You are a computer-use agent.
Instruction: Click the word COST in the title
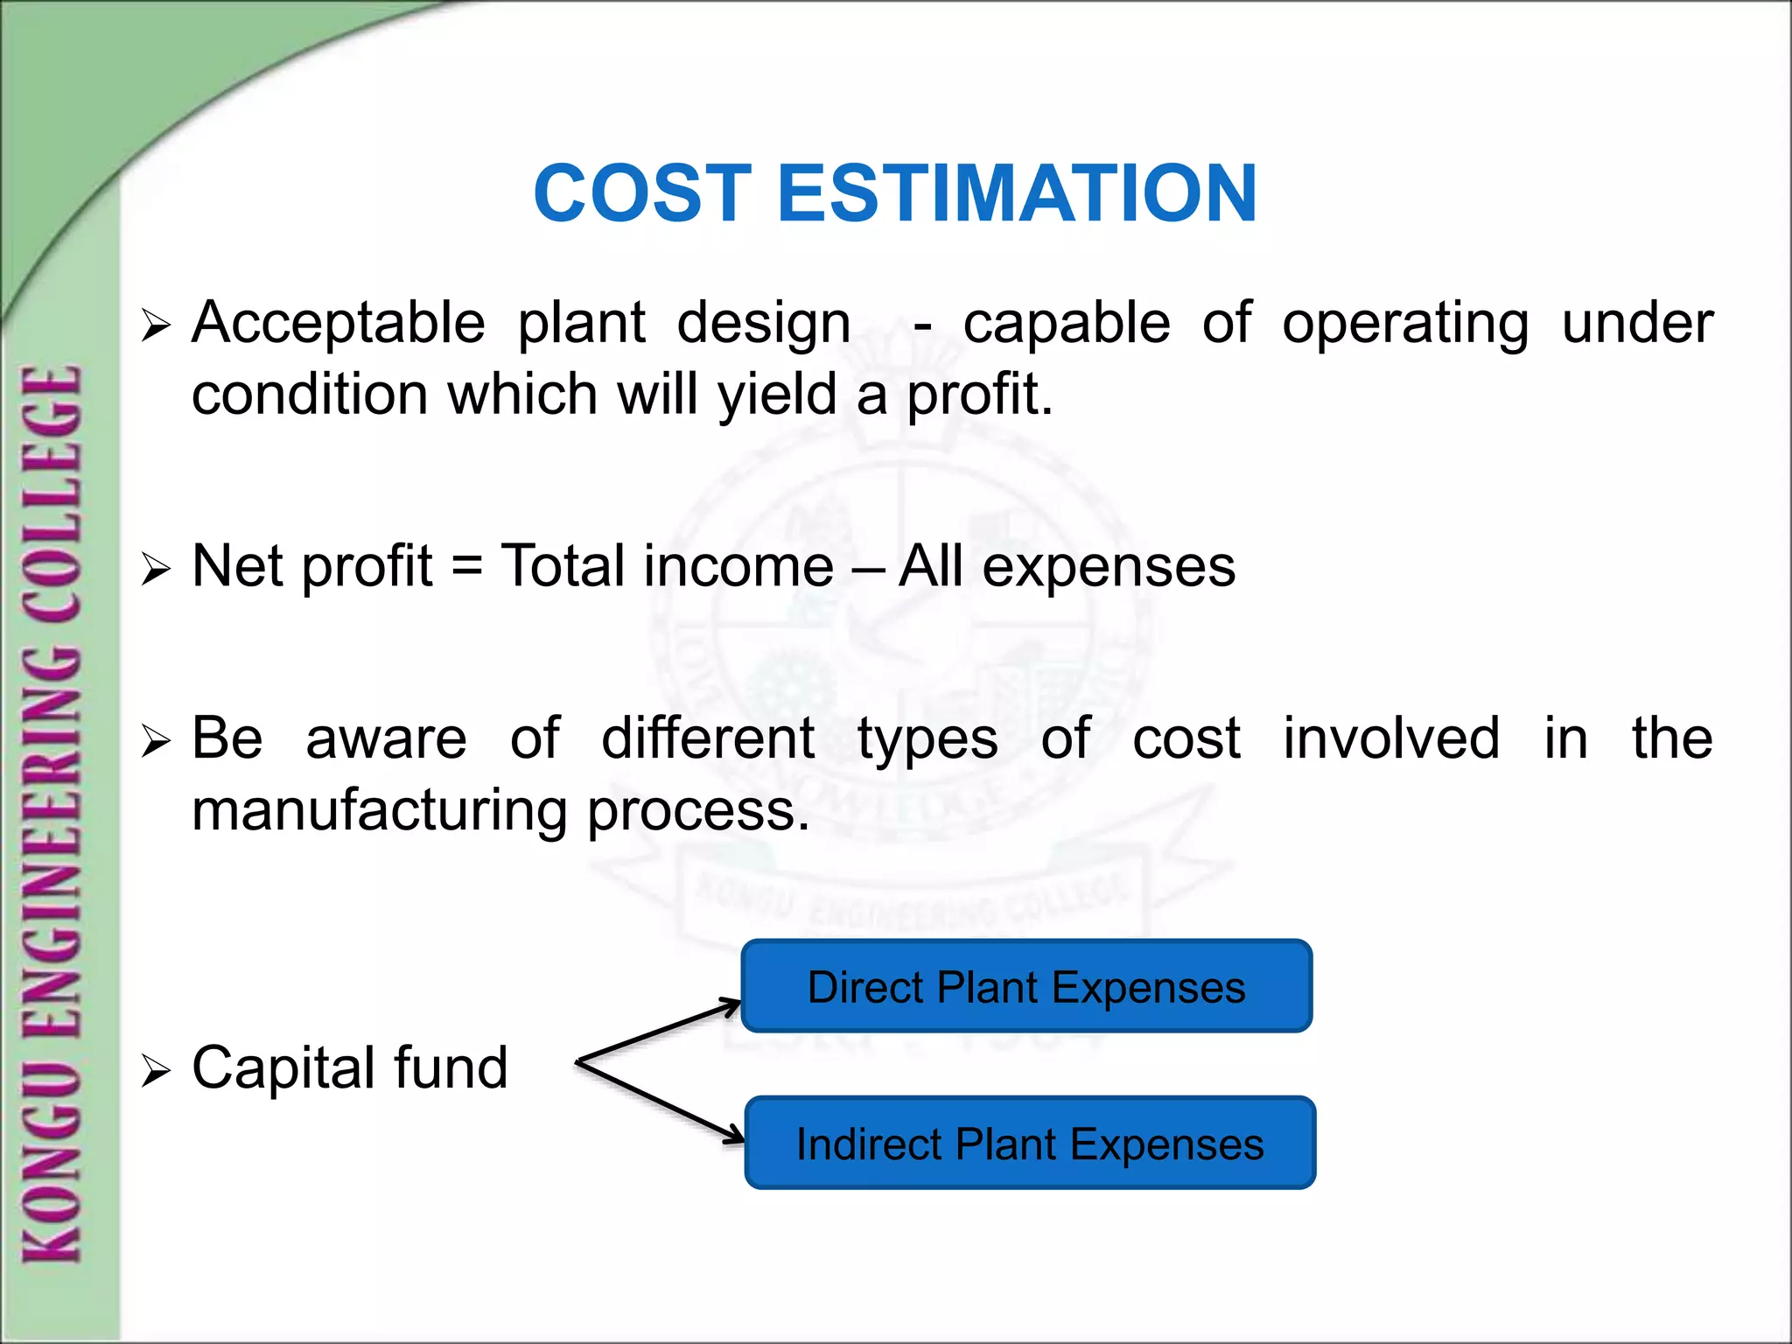click(642, 193)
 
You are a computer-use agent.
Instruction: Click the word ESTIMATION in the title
click(1017, 193)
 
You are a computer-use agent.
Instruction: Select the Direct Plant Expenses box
click(1026, 986)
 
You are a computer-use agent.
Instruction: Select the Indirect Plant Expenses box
click(1030, 1143)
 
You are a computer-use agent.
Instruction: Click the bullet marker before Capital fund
click(155, 1070)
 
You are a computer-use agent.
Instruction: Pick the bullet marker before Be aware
click(155, 741)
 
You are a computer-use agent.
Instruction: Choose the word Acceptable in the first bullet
click(339, 322)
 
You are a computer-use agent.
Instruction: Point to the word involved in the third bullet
click(1391, 738)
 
